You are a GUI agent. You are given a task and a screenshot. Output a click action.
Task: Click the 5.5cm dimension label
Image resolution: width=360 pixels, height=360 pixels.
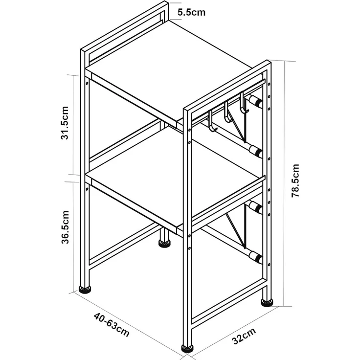(x=191, y=12)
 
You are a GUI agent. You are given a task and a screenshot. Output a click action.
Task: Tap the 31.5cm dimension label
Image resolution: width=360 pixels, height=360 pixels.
(x=65, y=123)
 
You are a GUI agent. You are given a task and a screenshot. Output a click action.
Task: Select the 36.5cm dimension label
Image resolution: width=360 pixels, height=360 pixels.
(x=65, y=227)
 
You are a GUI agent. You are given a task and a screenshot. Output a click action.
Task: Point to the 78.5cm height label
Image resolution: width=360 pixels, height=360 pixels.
(x=295, y=180)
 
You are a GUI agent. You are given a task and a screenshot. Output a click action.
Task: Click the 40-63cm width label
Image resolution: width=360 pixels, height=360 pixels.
(x=112, y=325)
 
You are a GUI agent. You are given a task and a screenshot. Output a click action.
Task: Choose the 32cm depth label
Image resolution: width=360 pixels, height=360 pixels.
(x=244, y=336)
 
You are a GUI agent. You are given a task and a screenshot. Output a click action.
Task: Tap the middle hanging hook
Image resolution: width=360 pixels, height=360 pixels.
(x=227, y=112)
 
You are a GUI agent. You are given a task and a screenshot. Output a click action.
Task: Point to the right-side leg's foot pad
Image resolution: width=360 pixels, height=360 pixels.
(x=267, y=303)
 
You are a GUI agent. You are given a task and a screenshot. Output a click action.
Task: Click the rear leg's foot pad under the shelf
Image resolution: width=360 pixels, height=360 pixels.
(x=165, y=244)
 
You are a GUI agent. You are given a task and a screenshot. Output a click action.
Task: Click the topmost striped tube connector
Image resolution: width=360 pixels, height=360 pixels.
(x=255, y=101)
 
